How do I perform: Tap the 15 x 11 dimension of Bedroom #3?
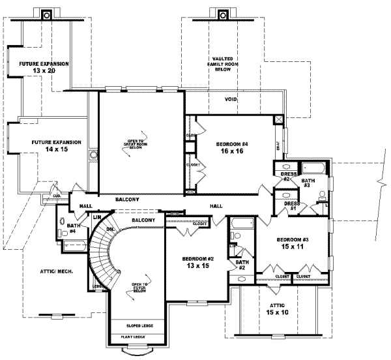pyautogui.click(x=291, y=247)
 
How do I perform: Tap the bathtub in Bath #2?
pyautogui.click(x=239, y=231)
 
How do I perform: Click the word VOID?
pyautogui.click(x=231, y=99)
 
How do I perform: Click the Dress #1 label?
pyautogui.click(x=291, y=207)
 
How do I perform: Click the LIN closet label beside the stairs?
pyautogui.click(x=96, y=217)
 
